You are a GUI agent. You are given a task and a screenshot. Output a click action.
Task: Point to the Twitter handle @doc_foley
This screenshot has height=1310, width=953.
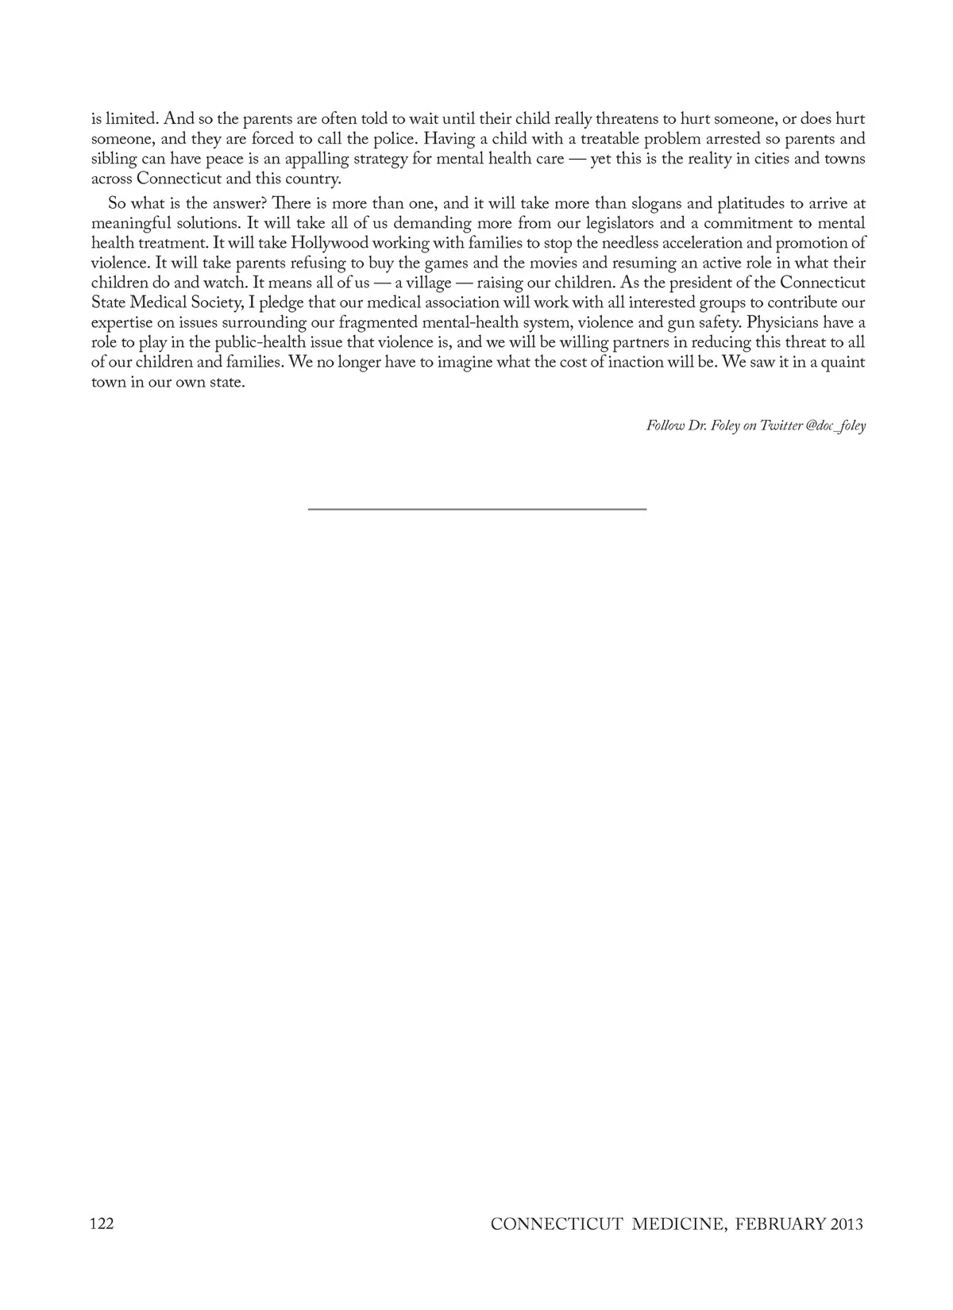pyautogui.click(x=835, y=426)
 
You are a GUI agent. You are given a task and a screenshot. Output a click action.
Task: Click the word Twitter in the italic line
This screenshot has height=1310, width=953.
pyautogui.click(x=780, y=426)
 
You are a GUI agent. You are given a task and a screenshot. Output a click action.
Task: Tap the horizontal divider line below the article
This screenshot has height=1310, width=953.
pyautogui.click(x=476, y=508)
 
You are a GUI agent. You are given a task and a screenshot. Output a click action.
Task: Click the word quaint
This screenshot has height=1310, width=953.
pyautogui.click(x=842, y=362)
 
